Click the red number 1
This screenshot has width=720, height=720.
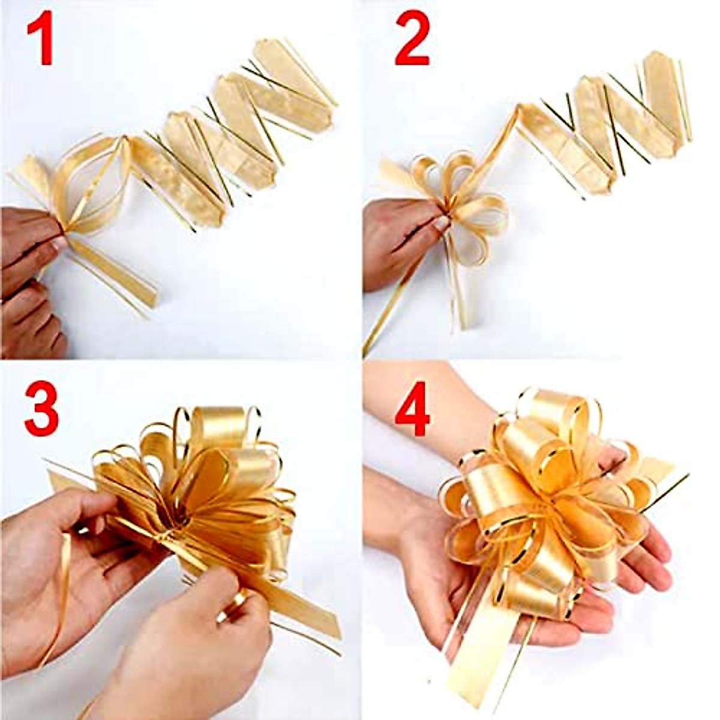[41, 40]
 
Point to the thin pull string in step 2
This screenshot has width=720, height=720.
[390, 312]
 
